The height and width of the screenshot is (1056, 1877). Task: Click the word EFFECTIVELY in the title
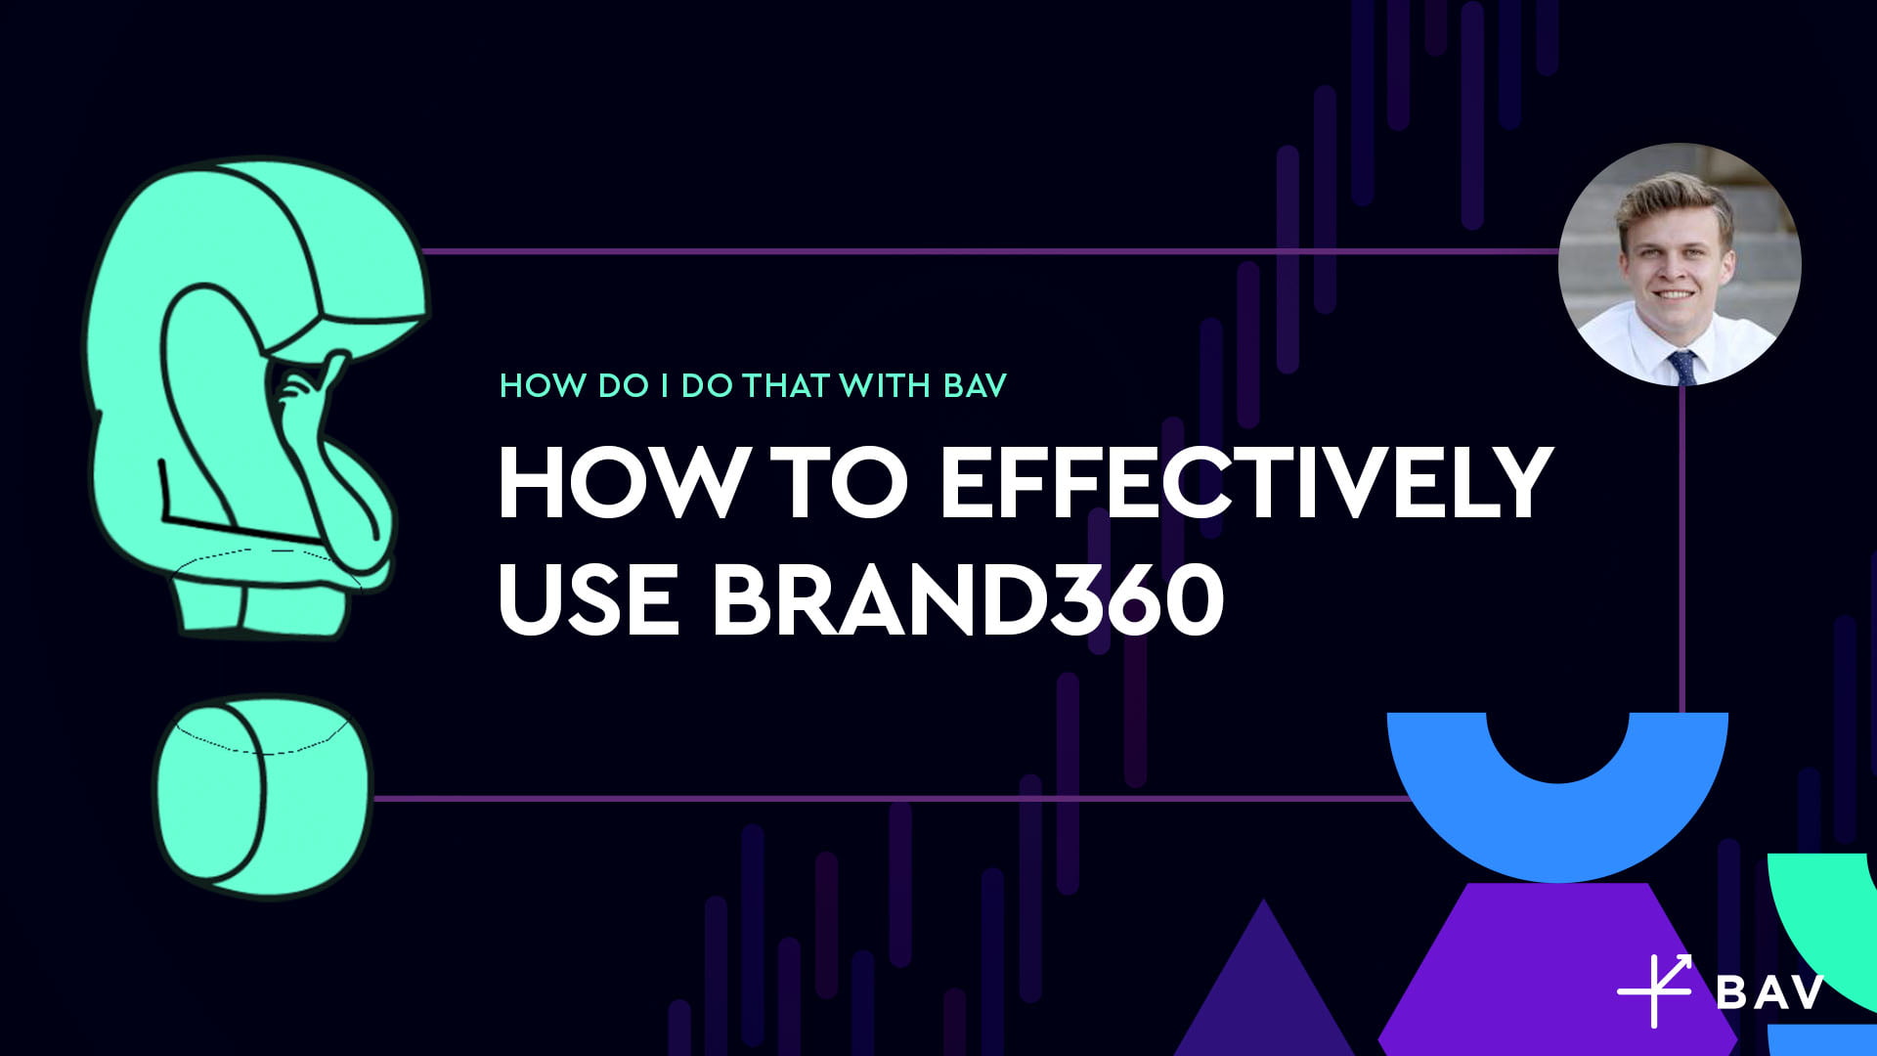pos(1246,482)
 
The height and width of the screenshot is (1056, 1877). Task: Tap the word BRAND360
pos(968,598)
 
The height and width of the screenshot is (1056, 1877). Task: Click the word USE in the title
pos(589,598)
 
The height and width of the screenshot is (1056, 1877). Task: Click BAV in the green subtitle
pos(976,385)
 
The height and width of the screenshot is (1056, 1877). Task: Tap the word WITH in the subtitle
pos(885,385)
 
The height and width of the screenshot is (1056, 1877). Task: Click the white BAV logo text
pos(1770,992)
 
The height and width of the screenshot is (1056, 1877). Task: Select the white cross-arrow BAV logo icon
pos(1655,990)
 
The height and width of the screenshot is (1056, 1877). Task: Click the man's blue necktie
pos(1682,367)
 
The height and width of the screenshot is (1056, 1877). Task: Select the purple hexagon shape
pos(1558,968)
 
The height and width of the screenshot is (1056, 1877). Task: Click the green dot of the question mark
pos(262,795)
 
